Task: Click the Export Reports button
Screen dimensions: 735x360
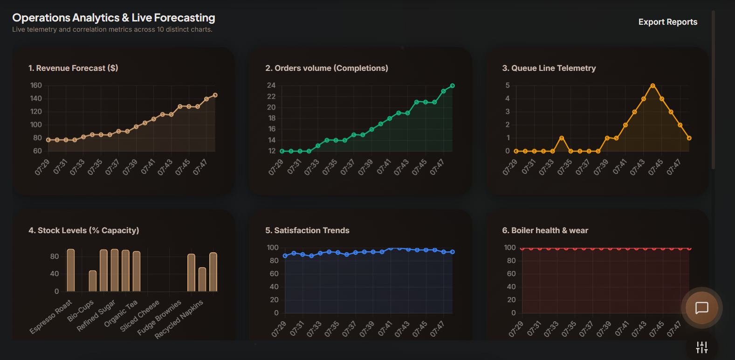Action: pos(668,22)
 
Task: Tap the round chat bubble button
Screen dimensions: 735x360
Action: pos(702,308)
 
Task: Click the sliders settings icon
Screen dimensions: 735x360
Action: pos(702,347)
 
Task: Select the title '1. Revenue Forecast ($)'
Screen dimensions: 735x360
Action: pos(73,68)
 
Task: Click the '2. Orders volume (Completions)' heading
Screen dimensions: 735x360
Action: pos(326,68)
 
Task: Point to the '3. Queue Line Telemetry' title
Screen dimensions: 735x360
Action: pos(549,68)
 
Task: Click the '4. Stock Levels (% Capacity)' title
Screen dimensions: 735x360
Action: pos(84,230)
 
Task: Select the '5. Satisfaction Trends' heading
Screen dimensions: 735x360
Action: pos(307,230)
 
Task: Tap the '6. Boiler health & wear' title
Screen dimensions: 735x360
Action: pos(545,230)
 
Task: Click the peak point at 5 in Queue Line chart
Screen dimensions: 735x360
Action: pos(653,86)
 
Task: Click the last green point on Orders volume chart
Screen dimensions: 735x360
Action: pos(452,86)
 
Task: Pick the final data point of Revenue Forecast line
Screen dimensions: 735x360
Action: pos(215,95)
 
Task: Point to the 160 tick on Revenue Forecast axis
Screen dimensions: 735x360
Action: pos(36,85)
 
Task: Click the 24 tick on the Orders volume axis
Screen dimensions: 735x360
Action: pos(271,85)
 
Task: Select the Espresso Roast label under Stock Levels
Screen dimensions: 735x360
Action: pos(51,317)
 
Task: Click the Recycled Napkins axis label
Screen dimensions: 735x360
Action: pos(179,319)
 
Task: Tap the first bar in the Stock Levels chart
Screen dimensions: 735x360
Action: pos(71,270)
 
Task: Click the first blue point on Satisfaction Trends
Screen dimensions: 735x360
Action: pos(285,256)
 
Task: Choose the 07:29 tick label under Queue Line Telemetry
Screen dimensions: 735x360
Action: pos(510,167)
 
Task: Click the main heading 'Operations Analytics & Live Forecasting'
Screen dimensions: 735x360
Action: pos(114,18)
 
